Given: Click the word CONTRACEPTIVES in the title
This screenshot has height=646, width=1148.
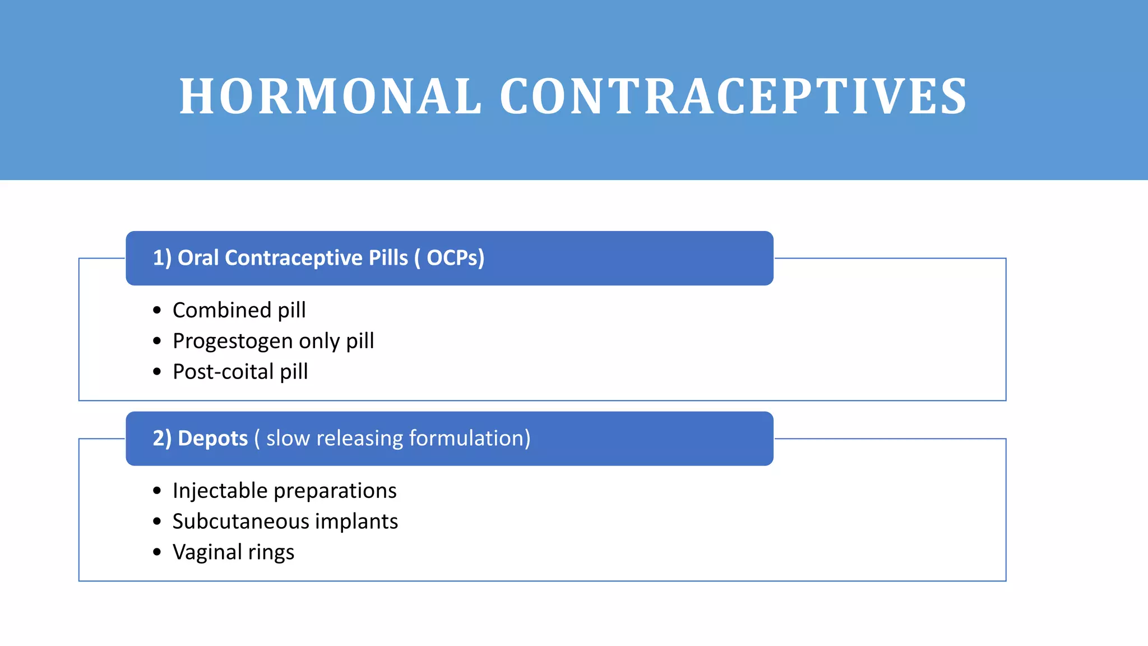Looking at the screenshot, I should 733,97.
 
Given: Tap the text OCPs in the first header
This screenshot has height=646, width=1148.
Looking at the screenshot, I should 454,258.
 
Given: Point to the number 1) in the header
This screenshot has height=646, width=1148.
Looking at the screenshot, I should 162,258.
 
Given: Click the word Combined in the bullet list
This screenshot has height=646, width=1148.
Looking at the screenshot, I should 222,310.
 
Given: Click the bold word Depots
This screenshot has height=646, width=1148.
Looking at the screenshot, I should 212,439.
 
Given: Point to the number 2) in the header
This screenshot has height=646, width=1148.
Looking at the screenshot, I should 162,439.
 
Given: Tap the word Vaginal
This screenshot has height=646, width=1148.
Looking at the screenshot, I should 207,552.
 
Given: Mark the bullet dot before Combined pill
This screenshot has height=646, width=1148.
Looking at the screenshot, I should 157,310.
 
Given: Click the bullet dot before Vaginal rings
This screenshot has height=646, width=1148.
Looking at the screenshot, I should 157,552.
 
